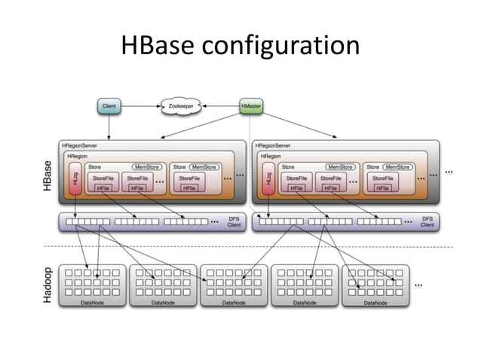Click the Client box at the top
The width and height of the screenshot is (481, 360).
pos(109,108)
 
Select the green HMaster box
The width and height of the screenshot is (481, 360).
pos(251,108)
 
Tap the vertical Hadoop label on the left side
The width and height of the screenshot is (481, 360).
pos(48,285)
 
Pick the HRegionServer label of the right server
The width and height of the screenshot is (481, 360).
pos(274,145)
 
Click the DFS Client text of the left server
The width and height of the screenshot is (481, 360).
pos(234,222)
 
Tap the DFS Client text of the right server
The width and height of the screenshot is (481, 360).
pos(427,222)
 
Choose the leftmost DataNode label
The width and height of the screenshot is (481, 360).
pos(93,302)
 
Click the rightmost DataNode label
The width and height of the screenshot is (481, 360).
pos(375,302)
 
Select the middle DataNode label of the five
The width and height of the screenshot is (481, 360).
pos(234,302)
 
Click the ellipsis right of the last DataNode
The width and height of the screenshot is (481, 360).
pos(418,285)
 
